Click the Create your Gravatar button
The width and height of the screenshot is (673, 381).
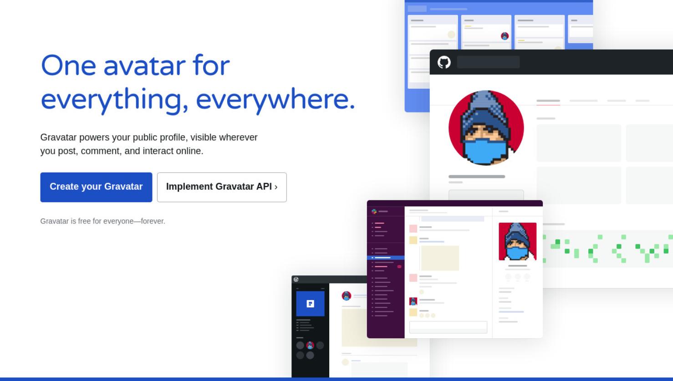[x=96, y=187]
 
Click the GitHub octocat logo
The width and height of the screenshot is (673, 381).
[x=444, y=62]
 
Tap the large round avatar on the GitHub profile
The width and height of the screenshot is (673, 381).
[x=486, y=128]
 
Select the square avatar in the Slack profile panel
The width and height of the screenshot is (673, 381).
[x=517, y=241]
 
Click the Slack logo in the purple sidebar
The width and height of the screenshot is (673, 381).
[x=374, y=211]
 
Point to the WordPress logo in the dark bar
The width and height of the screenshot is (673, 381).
[x=296, y=279]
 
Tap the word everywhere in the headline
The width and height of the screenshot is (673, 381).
[x=275, y=100]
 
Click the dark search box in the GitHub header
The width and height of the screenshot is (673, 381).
[x=488, y=62]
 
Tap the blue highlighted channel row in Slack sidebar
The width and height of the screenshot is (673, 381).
[x=386, y=258]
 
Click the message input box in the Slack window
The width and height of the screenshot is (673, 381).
[x=448, y=327]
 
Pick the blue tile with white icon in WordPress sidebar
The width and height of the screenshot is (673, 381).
[x=311, y=304]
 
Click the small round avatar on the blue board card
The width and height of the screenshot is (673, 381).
[x=505, y=36]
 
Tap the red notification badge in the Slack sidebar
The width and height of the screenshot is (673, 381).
[x=399, y=267]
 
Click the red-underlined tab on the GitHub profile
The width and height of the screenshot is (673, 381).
[x=548, y=101]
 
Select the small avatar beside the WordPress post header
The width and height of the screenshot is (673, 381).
[x=347, y=296]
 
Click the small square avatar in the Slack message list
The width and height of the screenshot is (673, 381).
[x=413, y=301]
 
